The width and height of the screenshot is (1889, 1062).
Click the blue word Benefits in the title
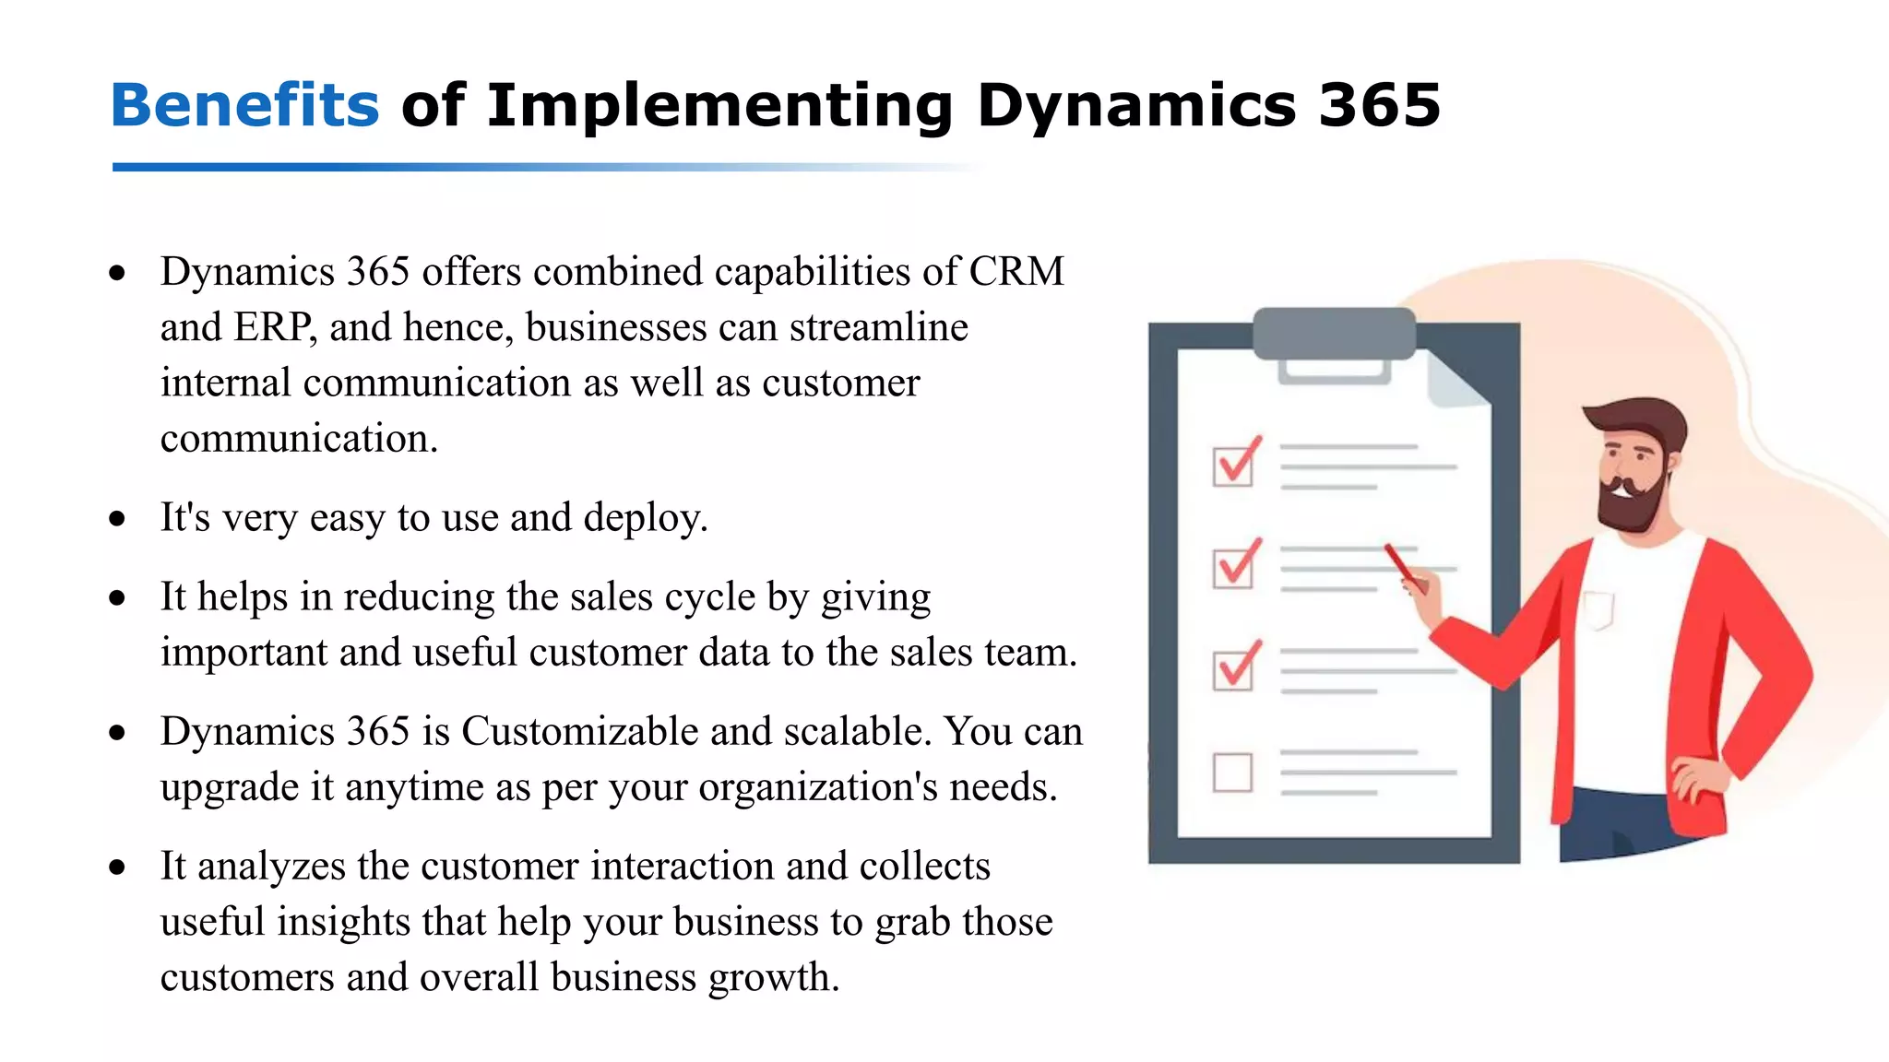(x=244, y=105)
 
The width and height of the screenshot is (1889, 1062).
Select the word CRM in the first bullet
(x=1016, y=272)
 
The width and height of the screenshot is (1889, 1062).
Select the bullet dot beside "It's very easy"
(x=117, y=519)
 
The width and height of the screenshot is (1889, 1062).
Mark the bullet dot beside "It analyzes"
(x=117, y=867)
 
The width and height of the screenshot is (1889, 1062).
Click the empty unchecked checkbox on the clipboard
(x=1233, y=773)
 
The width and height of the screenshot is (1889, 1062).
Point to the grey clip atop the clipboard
(x=1334, y=335)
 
